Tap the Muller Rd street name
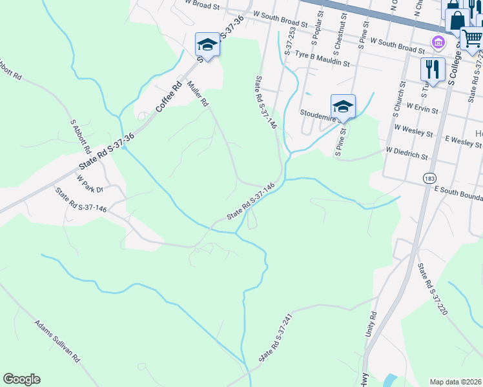point(198,93)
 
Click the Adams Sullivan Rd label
point(57,340)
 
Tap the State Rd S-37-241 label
point(273,338)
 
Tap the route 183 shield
point(429,177)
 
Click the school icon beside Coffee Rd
point(207,45)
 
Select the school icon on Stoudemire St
point(343,106)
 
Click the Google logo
point(21,379)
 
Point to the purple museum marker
point(438,44)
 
